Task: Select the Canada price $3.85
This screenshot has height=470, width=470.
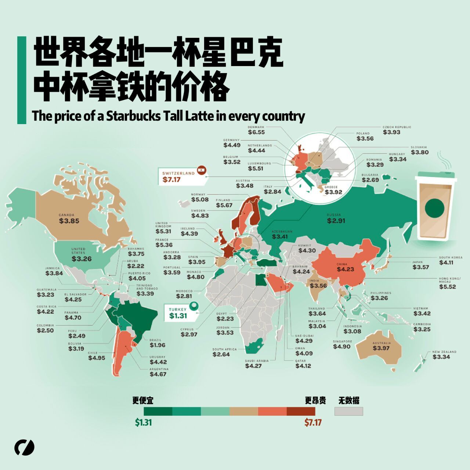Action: click(x=69, y=221)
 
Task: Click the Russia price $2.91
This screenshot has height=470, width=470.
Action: click(x=336, y=221)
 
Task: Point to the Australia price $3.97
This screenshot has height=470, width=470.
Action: click(x=381, y=348)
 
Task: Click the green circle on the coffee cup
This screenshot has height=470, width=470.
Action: click(x=435, y=208)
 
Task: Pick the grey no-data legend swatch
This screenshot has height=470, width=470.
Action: click(x=348, y=411)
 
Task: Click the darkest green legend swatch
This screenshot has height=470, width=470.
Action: click(x=158, y=411)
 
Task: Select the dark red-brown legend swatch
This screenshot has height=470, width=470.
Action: click(x=301, y=411)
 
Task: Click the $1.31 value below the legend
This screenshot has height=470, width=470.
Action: click(x=143, y=423)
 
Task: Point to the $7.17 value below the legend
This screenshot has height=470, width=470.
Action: click(x=313, y=423)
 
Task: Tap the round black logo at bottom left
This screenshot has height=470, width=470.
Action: click(x=24, y=447)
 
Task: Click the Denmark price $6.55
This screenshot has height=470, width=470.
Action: click(x=256, y=132)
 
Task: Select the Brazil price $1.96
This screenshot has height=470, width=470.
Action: click(x=157, y=345)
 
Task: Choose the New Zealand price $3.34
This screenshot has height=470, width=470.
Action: click(x=441, y=357)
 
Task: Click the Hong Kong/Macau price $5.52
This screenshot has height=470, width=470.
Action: click(x=447, y=286)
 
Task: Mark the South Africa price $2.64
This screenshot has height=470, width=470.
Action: click(x=221, y=354)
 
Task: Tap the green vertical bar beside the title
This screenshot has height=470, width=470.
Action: click(x=22, y=80)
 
